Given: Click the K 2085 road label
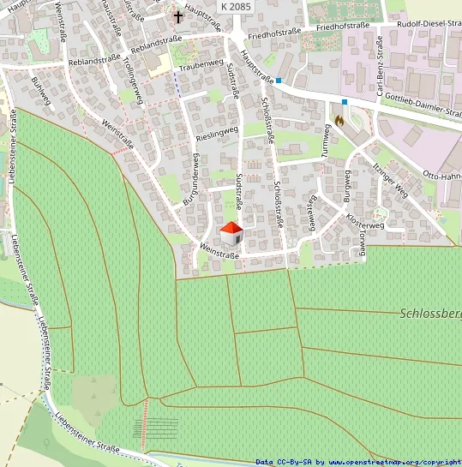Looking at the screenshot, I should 237,6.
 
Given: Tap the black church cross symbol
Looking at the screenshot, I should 178,16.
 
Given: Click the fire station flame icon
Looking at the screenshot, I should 339,121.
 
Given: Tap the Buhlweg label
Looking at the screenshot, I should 40,91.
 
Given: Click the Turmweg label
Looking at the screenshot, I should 327,141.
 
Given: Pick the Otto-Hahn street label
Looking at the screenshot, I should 442,177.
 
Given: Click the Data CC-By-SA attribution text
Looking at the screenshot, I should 358,462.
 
